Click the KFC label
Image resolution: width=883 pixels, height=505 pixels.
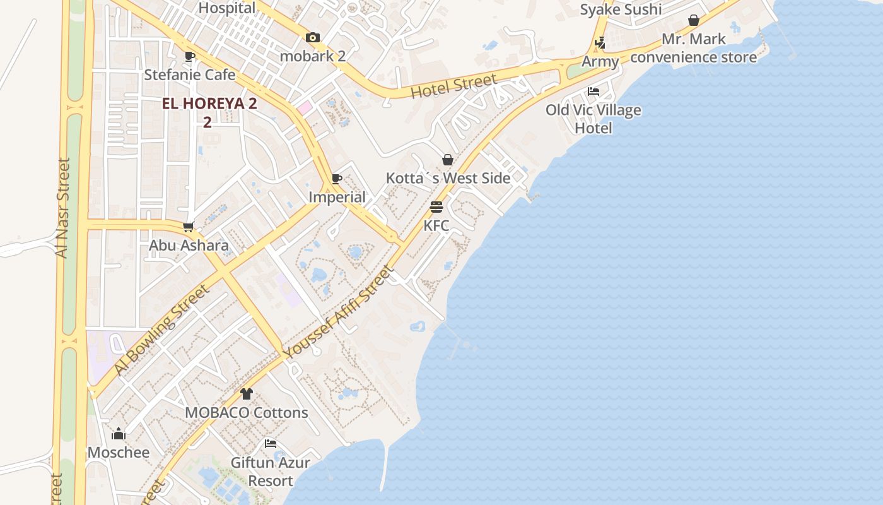coord(436,225)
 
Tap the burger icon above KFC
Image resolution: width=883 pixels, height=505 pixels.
coord(436,206)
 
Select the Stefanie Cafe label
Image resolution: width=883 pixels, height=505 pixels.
coord(190,74)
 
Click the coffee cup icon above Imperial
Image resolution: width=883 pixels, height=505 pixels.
coord(337,179)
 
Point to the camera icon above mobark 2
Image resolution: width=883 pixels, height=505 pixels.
coord(313,38)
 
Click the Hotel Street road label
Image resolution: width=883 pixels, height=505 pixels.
coord(453,86)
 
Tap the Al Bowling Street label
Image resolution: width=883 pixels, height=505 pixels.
coord(161,330)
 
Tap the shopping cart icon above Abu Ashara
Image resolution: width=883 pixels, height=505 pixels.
coord(188,227)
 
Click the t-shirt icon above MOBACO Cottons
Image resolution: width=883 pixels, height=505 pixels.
coord(247,394)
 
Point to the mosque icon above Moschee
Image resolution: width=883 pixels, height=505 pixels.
coord(119,434)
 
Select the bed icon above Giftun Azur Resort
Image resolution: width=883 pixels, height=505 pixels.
coord(271,444)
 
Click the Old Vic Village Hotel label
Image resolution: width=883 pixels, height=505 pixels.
coord(594,119)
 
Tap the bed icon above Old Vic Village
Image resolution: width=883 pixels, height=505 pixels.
coord(594,91)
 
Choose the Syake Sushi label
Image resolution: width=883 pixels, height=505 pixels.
coord(621,9)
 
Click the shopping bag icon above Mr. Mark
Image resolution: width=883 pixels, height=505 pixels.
coord(694,20)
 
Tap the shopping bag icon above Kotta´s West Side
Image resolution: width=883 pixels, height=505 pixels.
coord(448,159)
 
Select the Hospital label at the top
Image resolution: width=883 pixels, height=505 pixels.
coord(227,8)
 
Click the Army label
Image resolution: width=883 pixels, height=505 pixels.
coord(600,62)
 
